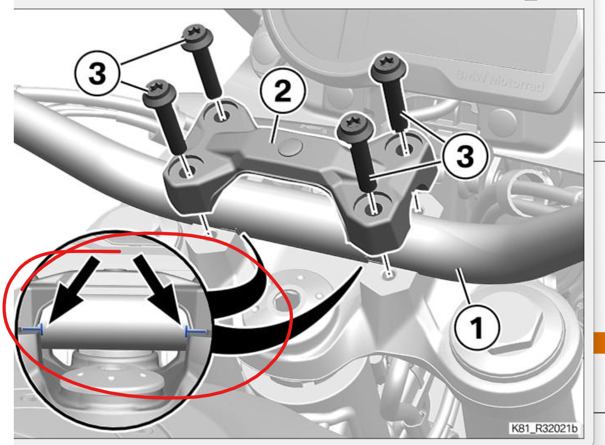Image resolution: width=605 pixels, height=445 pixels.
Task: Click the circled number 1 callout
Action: click(477, 328)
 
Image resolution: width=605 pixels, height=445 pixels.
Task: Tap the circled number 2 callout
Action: click(283, 91)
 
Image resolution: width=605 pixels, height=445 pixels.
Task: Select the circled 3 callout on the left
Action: click(98, 73)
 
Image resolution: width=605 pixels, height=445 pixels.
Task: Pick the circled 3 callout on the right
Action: click(465, 156)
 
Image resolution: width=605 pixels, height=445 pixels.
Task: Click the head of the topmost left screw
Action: click(197, 37)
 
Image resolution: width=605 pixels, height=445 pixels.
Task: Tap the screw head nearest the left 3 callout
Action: click(159, 93)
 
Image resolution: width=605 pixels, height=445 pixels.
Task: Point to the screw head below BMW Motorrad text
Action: click(388, 67)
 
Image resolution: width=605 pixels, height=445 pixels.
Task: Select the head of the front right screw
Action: click(355, 126)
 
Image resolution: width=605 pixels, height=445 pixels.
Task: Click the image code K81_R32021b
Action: click(544, 428)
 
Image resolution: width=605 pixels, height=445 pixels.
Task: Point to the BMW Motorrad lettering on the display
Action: click(500, 81)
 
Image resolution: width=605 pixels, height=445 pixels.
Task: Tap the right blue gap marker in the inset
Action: click(197, 331)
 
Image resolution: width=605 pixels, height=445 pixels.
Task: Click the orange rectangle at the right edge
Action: click(599, 343)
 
